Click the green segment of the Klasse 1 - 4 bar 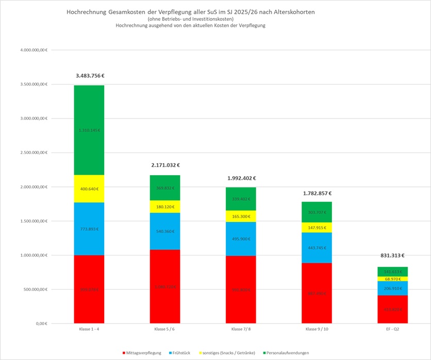pos(89,130)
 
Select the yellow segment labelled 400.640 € pos(89,189)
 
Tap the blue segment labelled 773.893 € pos(89,229)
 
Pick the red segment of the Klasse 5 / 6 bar pos(165,286)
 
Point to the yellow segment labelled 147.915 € pos(317,227)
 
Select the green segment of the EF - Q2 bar pos(392,271)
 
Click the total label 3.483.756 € pos(90,76)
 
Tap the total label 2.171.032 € pos(165,165)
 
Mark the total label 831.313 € pos(393,255)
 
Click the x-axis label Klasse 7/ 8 pos(241,329)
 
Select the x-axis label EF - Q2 pos(392,329)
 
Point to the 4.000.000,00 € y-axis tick pos(33,50)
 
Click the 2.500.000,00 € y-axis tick pos(33,153)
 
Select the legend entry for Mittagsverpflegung pos(141,353)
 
